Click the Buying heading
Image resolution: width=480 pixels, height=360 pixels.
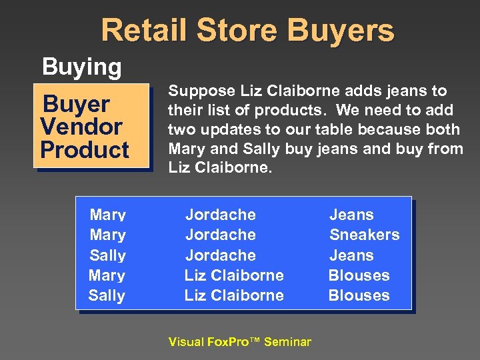[x=81, y=67]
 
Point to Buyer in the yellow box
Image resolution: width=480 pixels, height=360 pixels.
[x=75, y=104]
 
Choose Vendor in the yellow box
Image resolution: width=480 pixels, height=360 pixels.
[x=81, y=127]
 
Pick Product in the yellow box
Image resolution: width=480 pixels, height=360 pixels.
[x=85, y=149]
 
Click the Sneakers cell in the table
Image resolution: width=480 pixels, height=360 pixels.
[x=364, y=235]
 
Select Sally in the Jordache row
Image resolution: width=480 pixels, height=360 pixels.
[x=107, y=255]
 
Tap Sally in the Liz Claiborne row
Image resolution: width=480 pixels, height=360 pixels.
[x=107, y=295]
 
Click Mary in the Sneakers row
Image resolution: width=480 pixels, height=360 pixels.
[x=107, y=235]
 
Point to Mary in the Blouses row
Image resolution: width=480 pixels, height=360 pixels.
[x=107, y=275]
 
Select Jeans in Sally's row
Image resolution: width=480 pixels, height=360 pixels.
[x=351, y=255]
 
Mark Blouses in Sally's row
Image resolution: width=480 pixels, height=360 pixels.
[x=359, y=295]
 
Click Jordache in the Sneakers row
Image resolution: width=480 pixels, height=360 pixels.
[x=220, y=235]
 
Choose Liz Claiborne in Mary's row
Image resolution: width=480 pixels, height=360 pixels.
[x=234, y=275]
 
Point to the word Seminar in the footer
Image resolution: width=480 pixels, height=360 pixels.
[x=287, y=342]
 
